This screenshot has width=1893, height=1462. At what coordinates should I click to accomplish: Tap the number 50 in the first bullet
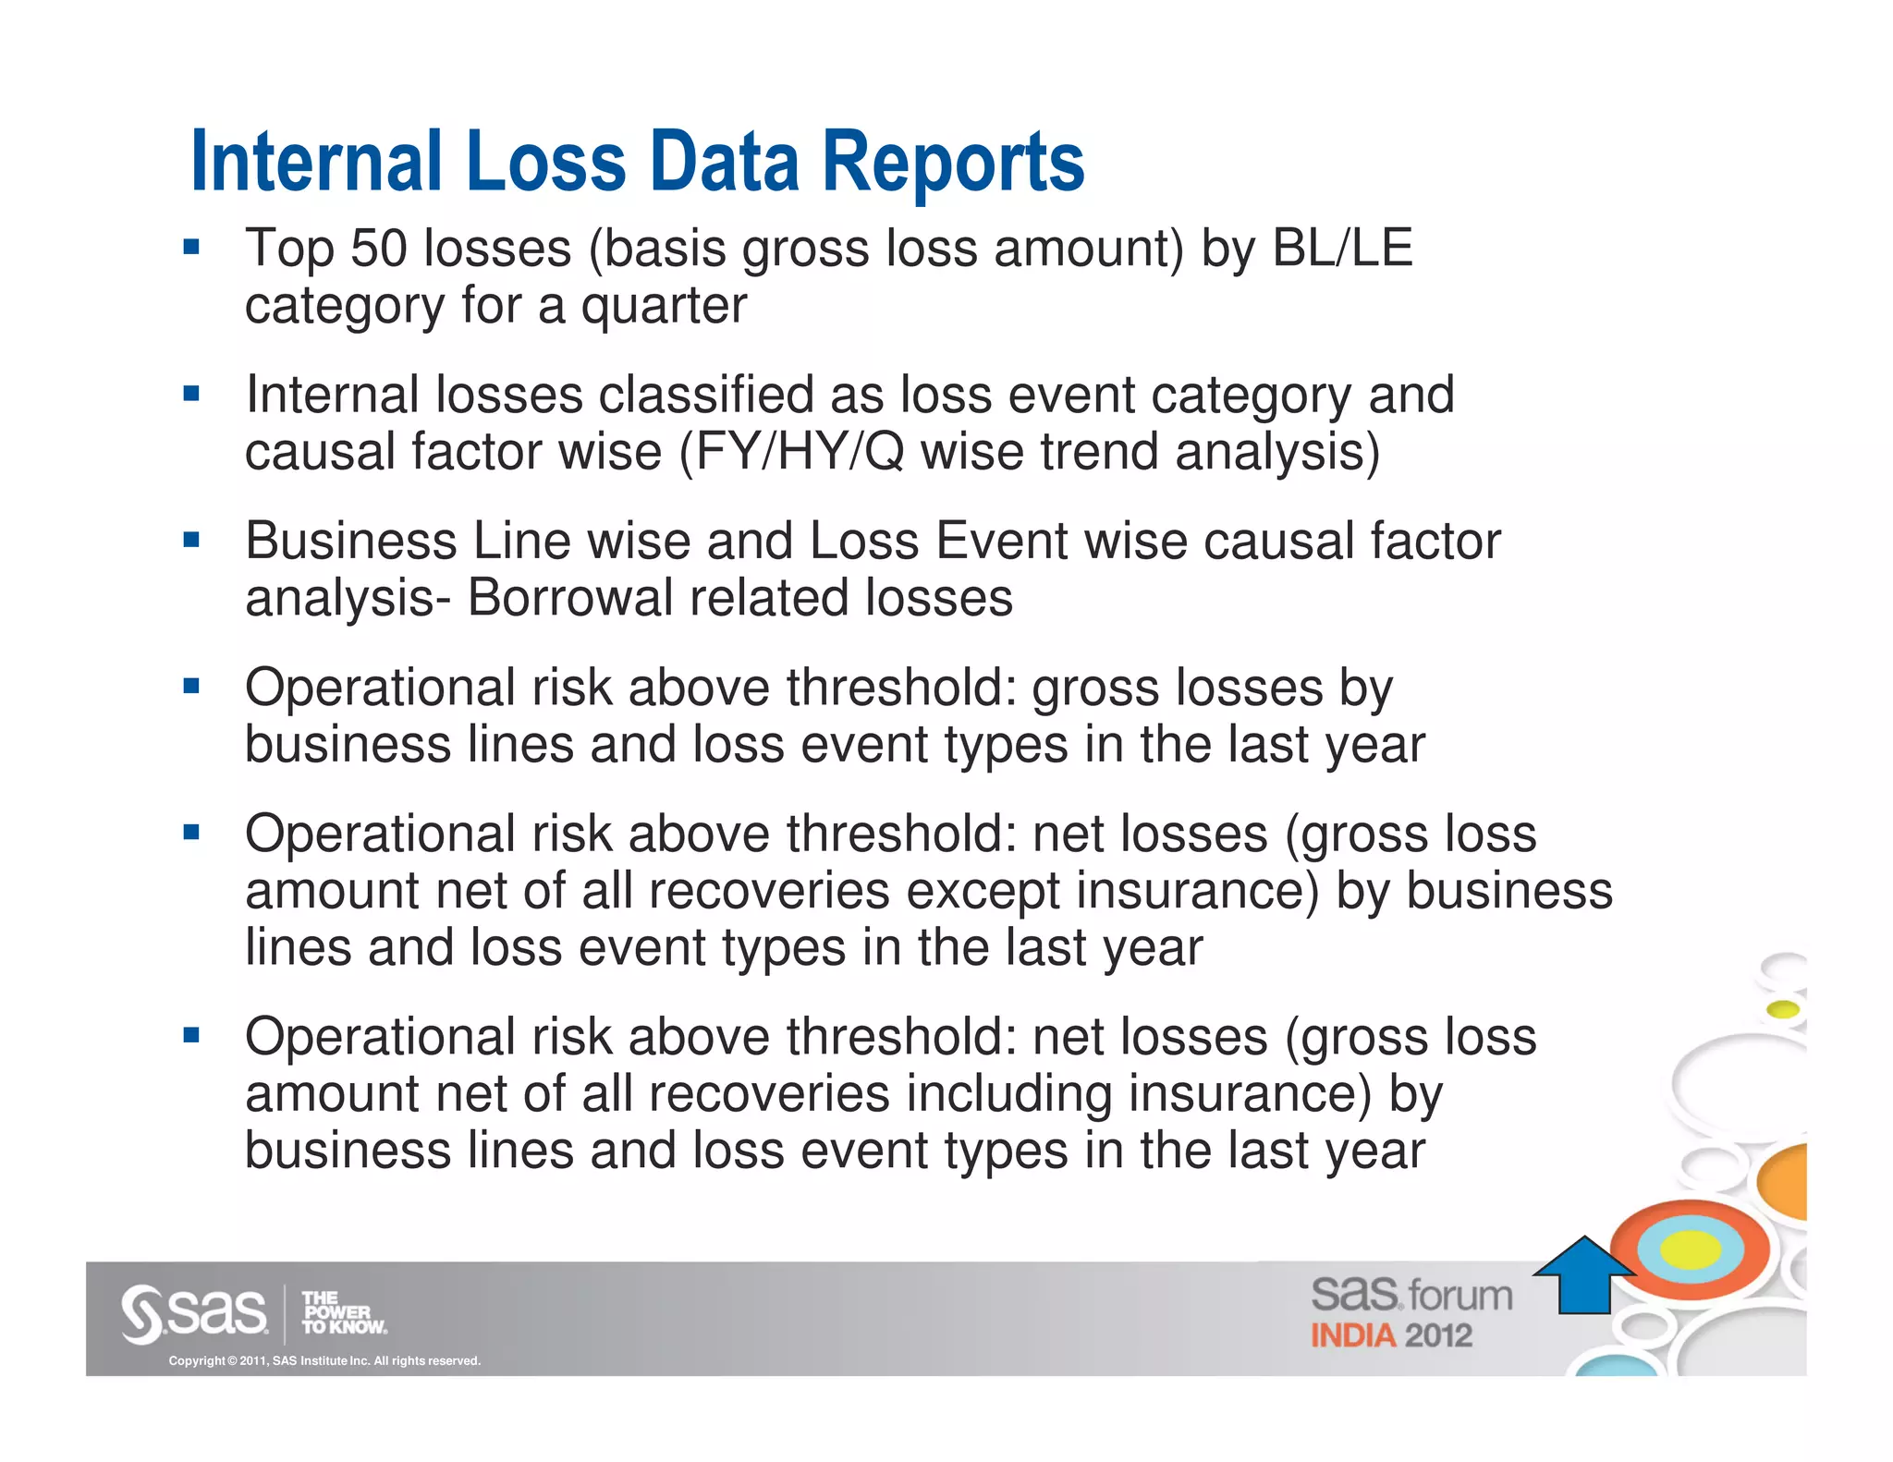(378, 249)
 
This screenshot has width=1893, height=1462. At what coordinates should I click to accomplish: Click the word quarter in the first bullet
(663, 307)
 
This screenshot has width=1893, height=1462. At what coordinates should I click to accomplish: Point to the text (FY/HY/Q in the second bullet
(791, 453)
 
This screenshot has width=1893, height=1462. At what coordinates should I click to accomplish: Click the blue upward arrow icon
(1584, 1277)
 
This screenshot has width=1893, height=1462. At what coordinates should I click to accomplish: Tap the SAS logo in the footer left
(194, 1312)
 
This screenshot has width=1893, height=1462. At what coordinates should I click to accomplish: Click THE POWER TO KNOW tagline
(343, 1312)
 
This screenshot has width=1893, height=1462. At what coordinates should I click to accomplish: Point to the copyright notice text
(324, 1361)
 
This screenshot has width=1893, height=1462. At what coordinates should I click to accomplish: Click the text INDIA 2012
(1390, 1336)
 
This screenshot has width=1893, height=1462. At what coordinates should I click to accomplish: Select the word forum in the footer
(1460, 1296)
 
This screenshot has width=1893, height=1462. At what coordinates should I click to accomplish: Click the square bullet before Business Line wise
(191, 541)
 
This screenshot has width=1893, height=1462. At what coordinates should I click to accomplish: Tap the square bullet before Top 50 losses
(191, 248)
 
